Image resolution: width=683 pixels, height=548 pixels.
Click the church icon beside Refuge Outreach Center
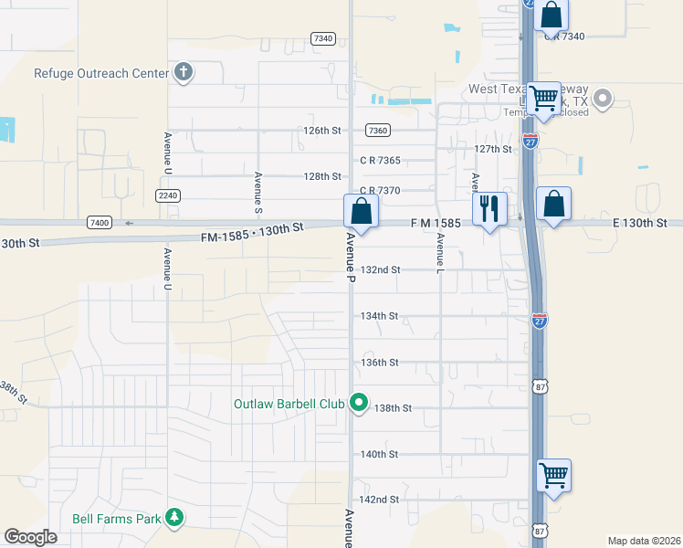pyautogui.click(x=184, y=72)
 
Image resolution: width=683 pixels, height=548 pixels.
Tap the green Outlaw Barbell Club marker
pyautogui.click(x=359, y=402)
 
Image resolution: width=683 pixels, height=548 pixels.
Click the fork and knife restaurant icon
pyautogui.click(x=489, y=208)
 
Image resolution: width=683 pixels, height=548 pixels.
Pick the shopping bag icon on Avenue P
pyautogui.click(x=362, y=211)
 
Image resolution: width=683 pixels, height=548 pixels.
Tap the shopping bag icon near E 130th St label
pyautogui.click(x=553, y=204)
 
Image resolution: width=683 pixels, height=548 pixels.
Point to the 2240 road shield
pyautogui.click(x=168, y=195)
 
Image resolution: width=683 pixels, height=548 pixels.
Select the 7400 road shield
pyautogui.click(x=99, y=223)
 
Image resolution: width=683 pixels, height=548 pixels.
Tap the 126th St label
pyautogui.click(x=322, y=131)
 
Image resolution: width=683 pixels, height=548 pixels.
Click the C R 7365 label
pyautogui.click(x=380, y=161)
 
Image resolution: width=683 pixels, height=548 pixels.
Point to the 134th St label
pyautogui.click(x=380, y=316)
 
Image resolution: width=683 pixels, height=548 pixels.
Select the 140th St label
pyautogui.click(x=380, y=454)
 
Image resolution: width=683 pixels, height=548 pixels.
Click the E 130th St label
pyautogui.click(x=641, y=223)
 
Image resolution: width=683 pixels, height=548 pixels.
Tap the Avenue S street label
pyautogui.click(x=259, y=192)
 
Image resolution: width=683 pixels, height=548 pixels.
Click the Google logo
pyautogui.click(x=31, y=537)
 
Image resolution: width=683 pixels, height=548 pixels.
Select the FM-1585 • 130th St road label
pyautogui.click(x=252, y=232)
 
